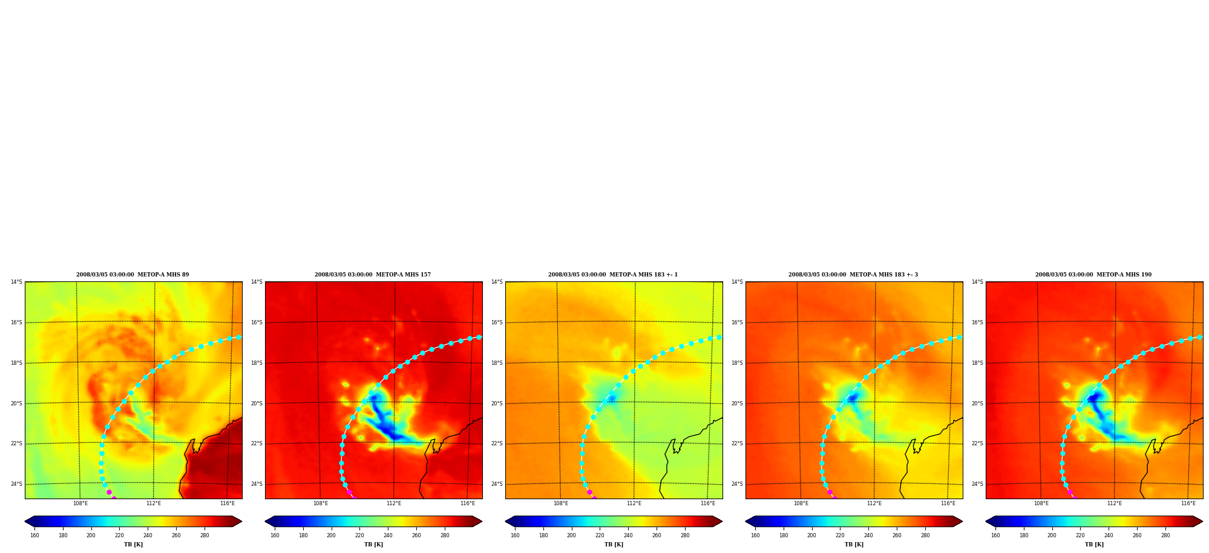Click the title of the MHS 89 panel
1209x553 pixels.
tap(133, 275)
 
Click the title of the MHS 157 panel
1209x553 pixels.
tap(373, 275)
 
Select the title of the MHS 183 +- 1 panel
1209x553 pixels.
tap(613, 275)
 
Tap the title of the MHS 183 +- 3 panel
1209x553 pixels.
tap(853, 275)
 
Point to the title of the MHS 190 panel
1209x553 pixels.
tap(1093, 275)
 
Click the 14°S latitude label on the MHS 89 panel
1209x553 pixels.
tap(16, 282)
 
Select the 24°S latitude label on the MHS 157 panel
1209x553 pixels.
tap(257, 484)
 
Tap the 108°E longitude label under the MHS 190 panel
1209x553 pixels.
tap(1041, 503)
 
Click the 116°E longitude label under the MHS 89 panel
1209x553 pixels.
tap(228, 503)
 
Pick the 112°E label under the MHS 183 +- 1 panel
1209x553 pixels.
tap(634, 503)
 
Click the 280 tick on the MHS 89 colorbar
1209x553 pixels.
tap(205, 535)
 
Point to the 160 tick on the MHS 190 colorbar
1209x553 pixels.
tap(995, 535)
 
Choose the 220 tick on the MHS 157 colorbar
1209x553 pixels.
tap(359, 535)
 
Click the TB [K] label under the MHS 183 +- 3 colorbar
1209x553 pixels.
tap(854, 545)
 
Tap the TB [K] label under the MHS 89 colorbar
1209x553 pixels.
tap(133, 545)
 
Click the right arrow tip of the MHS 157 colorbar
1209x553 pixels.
tap(482, 522)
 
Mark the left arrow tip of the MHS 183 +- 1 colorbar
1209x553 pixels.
tap(505, 522)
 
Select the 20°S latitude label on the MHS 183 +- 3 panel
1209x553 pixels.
tap(737, 404)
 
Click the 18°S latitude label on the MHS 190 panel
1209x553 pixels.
tap(977, 363)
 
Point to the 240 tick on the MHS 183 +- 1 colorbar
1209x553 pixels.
tap(628, 535)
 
